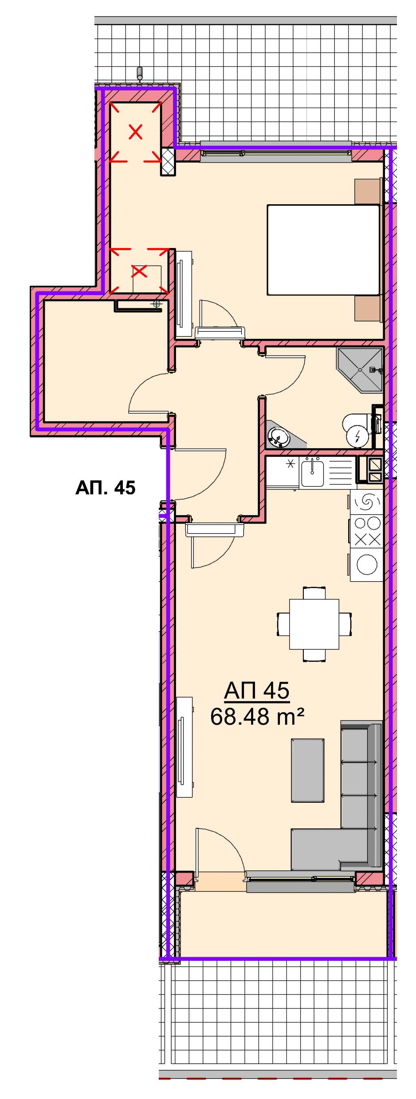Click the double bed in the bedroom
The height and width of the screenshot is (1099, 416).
click(324, 250)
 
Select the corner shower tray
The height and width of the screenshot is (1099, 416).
click(360, 370)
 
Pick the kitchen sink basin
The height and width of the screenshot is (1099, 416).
click(313, 472)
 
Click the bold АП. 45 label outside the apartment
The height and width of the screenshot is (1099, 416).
click(106, 488)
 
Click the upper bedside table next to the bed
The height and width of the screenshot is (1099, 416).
click(368, 191)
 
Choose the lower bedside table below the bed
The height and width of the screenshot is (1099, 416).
click(368, 308)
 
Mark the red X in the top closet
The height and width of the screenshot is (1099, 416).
click(136, 132)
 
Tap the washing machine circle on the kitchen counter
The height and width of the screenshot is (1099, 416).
click(367, 565)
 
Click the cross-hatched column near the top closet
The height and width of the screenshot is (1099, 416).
click(168, 162)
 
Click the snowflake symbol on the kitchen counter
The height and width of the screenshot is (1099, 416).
click(291, 464)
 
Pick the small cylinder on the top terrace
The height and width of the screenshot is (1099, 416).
click(140, 73)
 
